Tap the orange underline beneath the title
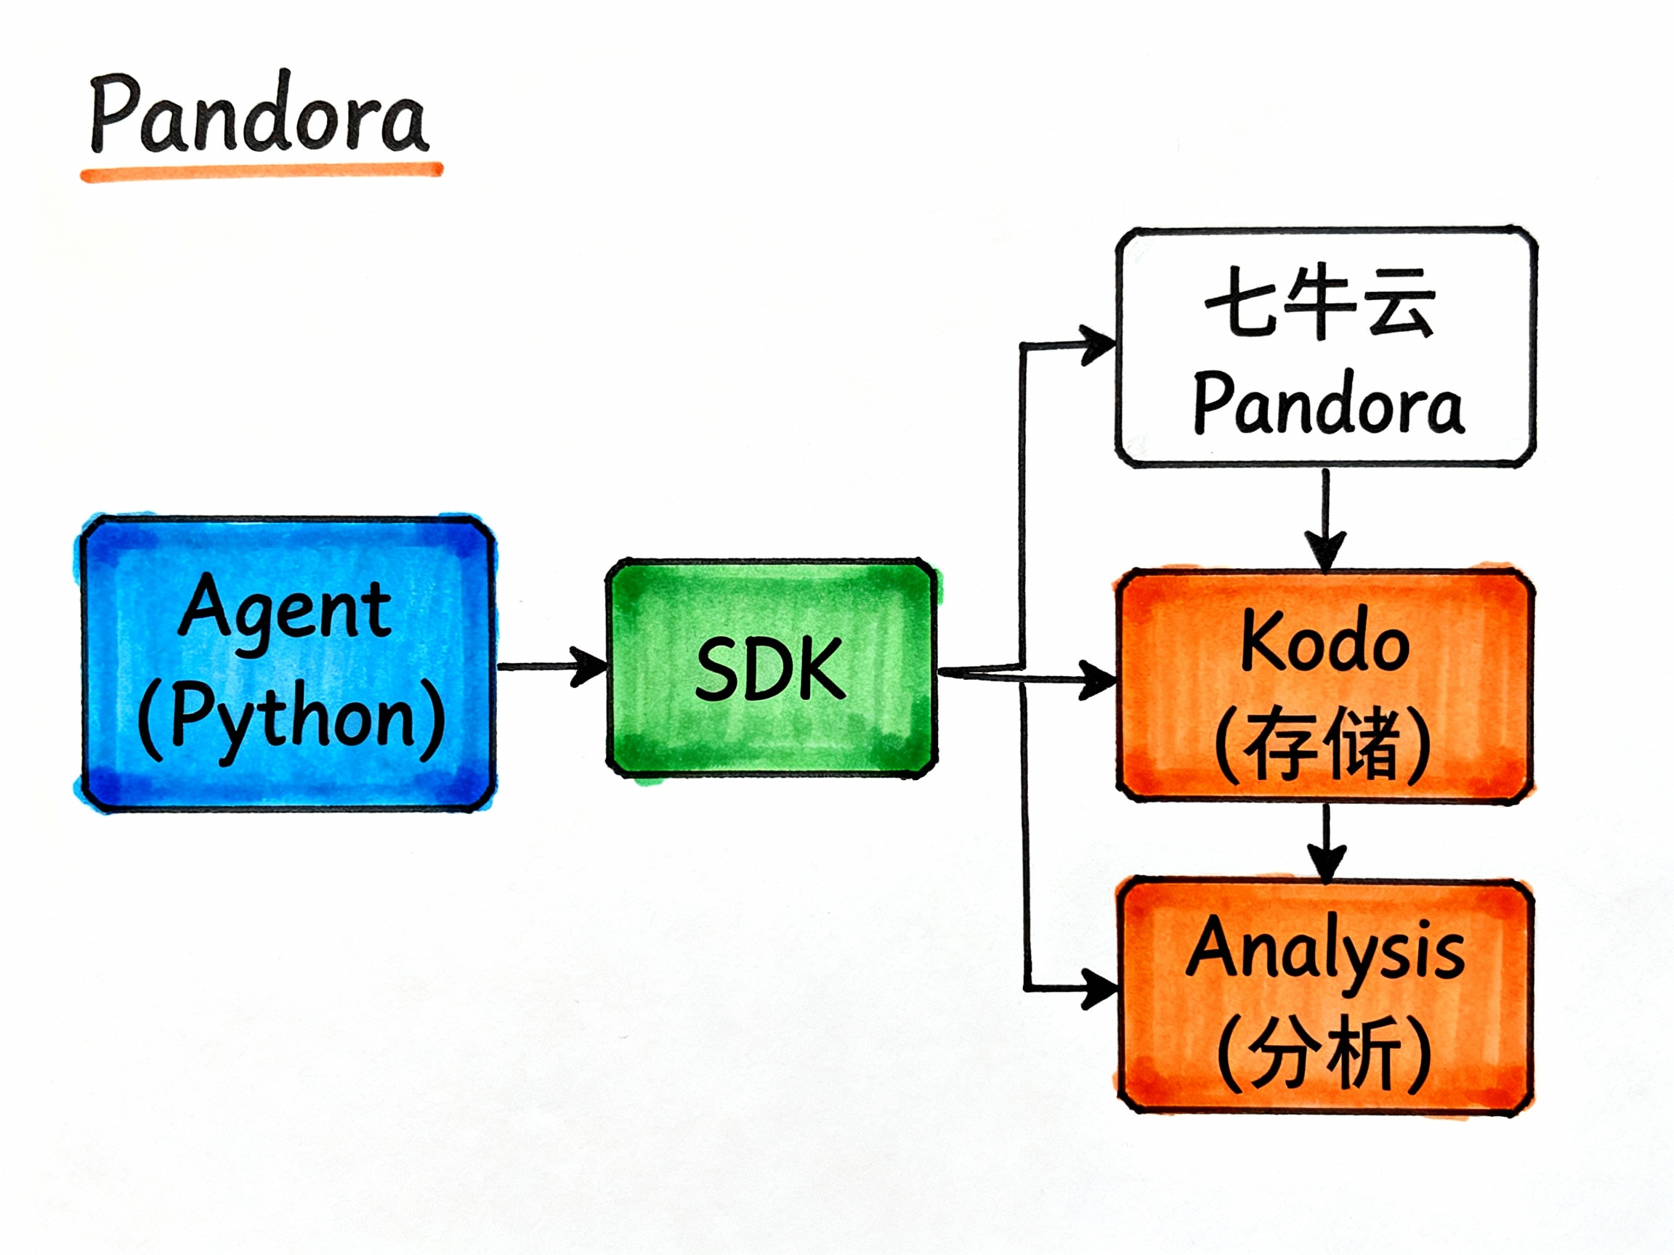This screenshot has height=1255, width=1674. click(261, 171)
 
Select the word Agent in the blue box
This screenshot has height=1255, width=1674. click(286, 609)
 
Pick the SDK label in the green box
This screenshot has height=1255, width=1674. click(769, 669)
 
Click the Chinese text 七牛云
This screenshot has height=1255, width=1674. click(1321, 304)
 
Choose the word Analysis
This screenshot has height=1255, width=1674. click(1325, 950)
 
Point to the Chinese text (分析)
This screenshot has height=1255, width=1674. click(1325, 1052)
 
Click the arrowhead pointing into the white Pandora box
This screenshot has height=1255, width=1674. click(1097, 345)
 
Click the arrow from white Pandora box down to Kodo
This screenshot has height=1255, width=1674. click(1325, 522)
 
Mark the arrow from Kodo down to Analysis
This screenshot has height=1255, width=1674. click(1327, 843)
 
